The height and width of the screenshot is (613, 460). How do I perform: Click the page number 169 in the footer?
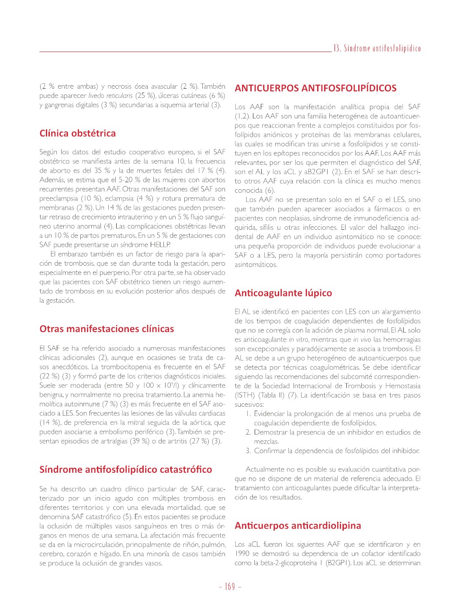coord(230,586)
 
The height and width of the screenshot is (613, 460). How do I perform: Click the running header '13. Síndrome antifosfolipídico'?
coord(377,48)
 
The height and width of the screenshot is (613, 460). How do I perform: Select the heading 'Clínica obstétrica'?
coord(78,133)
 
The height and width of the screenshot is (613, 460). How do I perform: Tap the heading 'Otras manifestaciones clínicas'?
coord(107,329)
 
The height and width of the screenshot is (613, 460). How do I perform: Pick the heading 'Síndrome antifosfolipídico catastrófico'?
coord(126,470)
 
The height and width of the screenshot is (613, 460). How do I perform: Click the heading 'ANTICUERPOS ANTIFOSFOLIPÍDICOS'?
coord(315,88)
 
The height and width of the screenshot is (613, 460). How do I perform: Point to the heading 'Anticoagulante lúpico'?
coord(283,293)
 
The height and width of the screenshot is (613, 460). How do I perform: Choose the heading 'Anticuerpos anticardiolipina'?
coord(298,526)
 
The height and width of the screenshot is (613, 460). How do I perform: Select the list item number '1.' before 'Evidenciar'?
coord(248,414)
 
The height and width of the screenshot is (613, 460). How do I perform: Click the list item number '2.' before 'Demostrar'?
coord(248,432)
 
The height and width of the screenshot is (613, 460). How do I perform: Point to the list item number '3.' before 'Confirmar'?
coord(248,450)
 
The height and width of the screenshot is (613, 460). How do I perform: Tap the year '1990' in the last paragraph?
coord(242,554)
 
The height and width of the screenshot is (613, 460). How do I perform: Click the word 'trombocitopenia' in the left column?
coord(126,367)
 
